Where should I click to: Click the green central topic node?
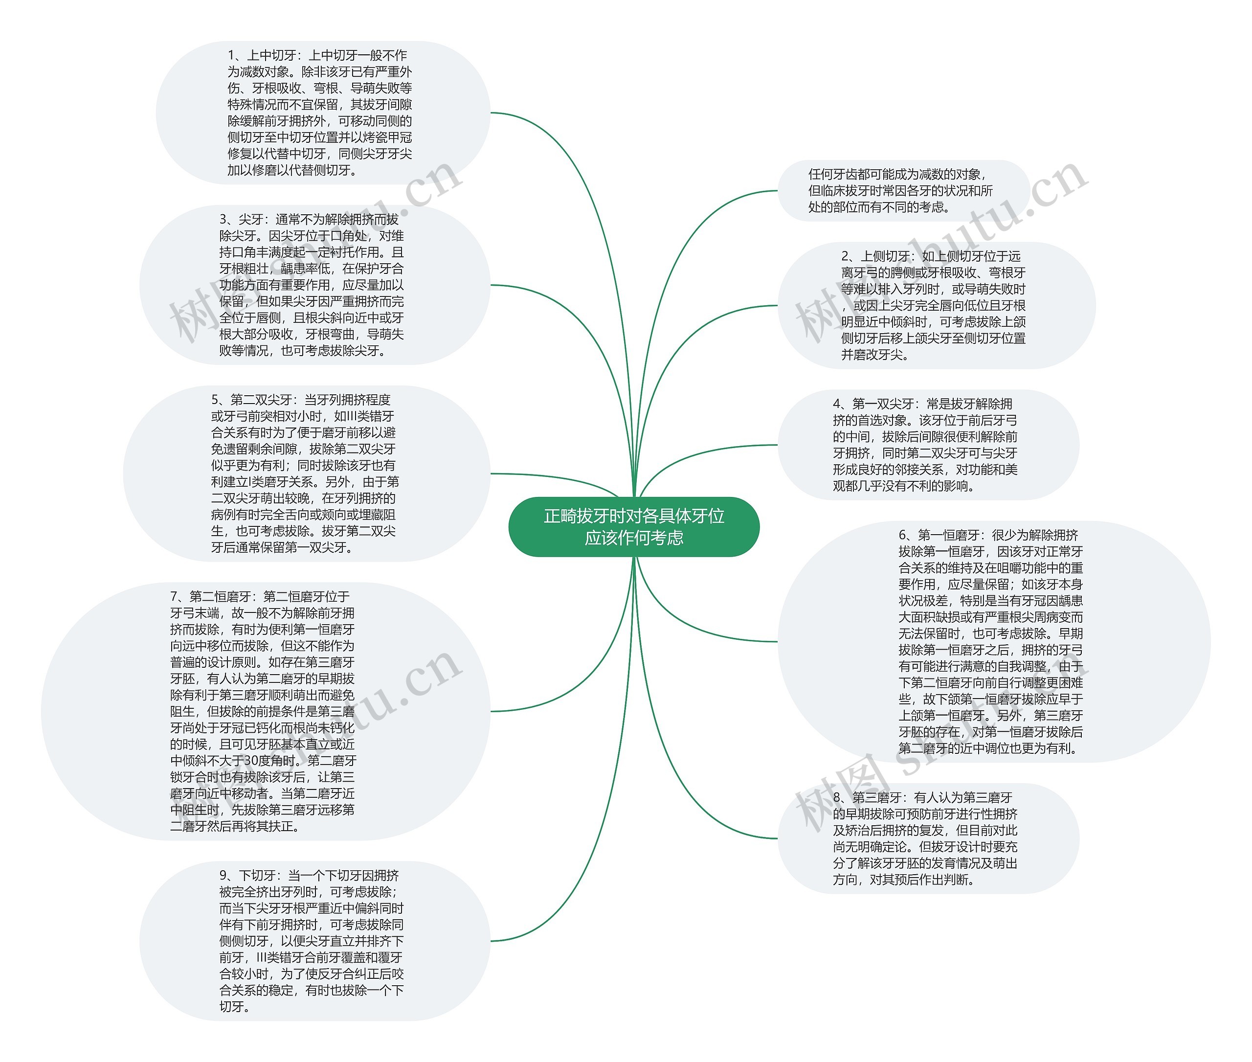coord(634,527)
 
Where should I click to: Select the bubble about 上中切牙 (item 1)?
coord(323,113)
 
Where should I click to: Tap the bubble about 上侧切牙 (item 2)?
coord(936,305)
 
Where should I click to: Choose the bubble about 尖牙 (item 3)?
coord(314,285)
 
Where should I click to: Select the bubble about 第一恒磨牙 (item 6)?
coord(993,642)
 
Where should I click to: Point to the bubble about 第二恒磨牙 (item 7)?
coord(265,711)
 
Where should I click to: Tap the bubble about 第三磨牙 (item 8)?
coord(928,838)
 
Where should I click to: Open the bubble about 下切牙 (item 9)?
coord(314,940)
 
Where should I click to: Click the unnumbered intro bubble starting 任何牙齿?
coord(903,191)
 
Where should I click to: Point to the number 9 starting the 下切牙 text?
coord(223,875)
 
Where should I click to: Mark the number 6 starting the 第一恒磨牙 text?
coord(902,535)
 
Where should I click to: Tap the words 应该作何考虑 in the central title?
coord(634,538)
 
